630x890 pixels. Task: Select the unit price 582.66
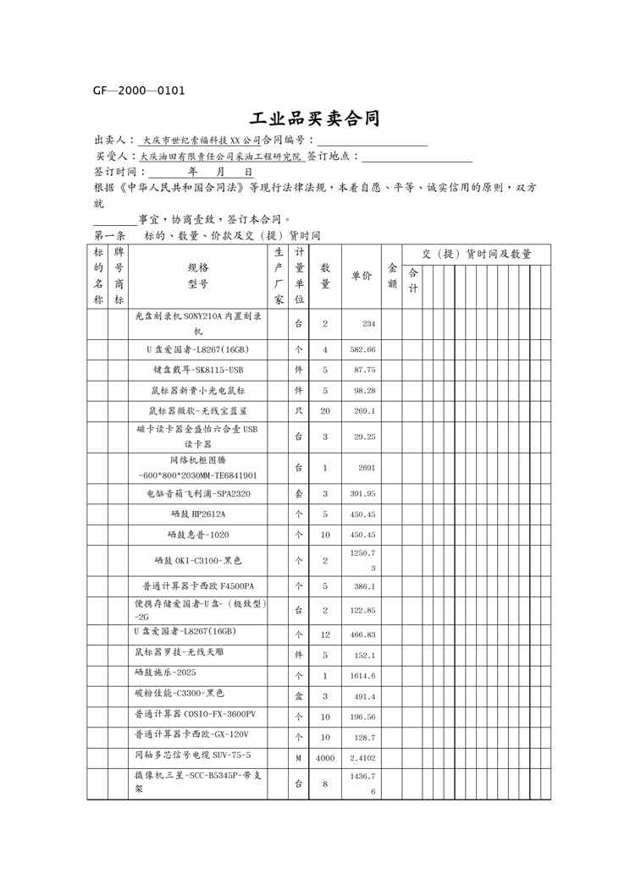click(363, 349)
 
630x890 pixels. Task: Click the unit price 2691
click(367, 468)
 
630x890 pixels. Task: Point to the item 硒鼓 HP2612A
click(198, 514)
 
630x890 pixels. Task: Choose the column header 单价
click(361, 276)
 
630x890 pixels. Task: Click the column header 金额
click(392, 276)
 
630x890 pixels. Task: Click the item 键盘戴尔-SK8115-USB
click(198, 371)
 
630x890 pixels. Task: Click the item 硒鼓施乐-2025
click(166, 673)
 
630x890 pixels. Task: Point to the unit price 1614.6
click(363, 676)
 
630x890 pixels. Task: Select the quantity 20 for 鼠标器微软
click(325, 411)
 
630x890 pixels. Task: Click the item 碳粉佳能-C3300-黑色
click(179, 694)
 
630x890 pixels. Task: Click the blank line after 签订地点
click(417, 157)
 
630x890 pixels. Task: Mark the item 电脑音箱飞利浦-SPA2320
click(198, 493)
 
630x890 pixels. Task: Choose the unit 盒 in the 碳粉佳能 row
click(298, 696)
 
